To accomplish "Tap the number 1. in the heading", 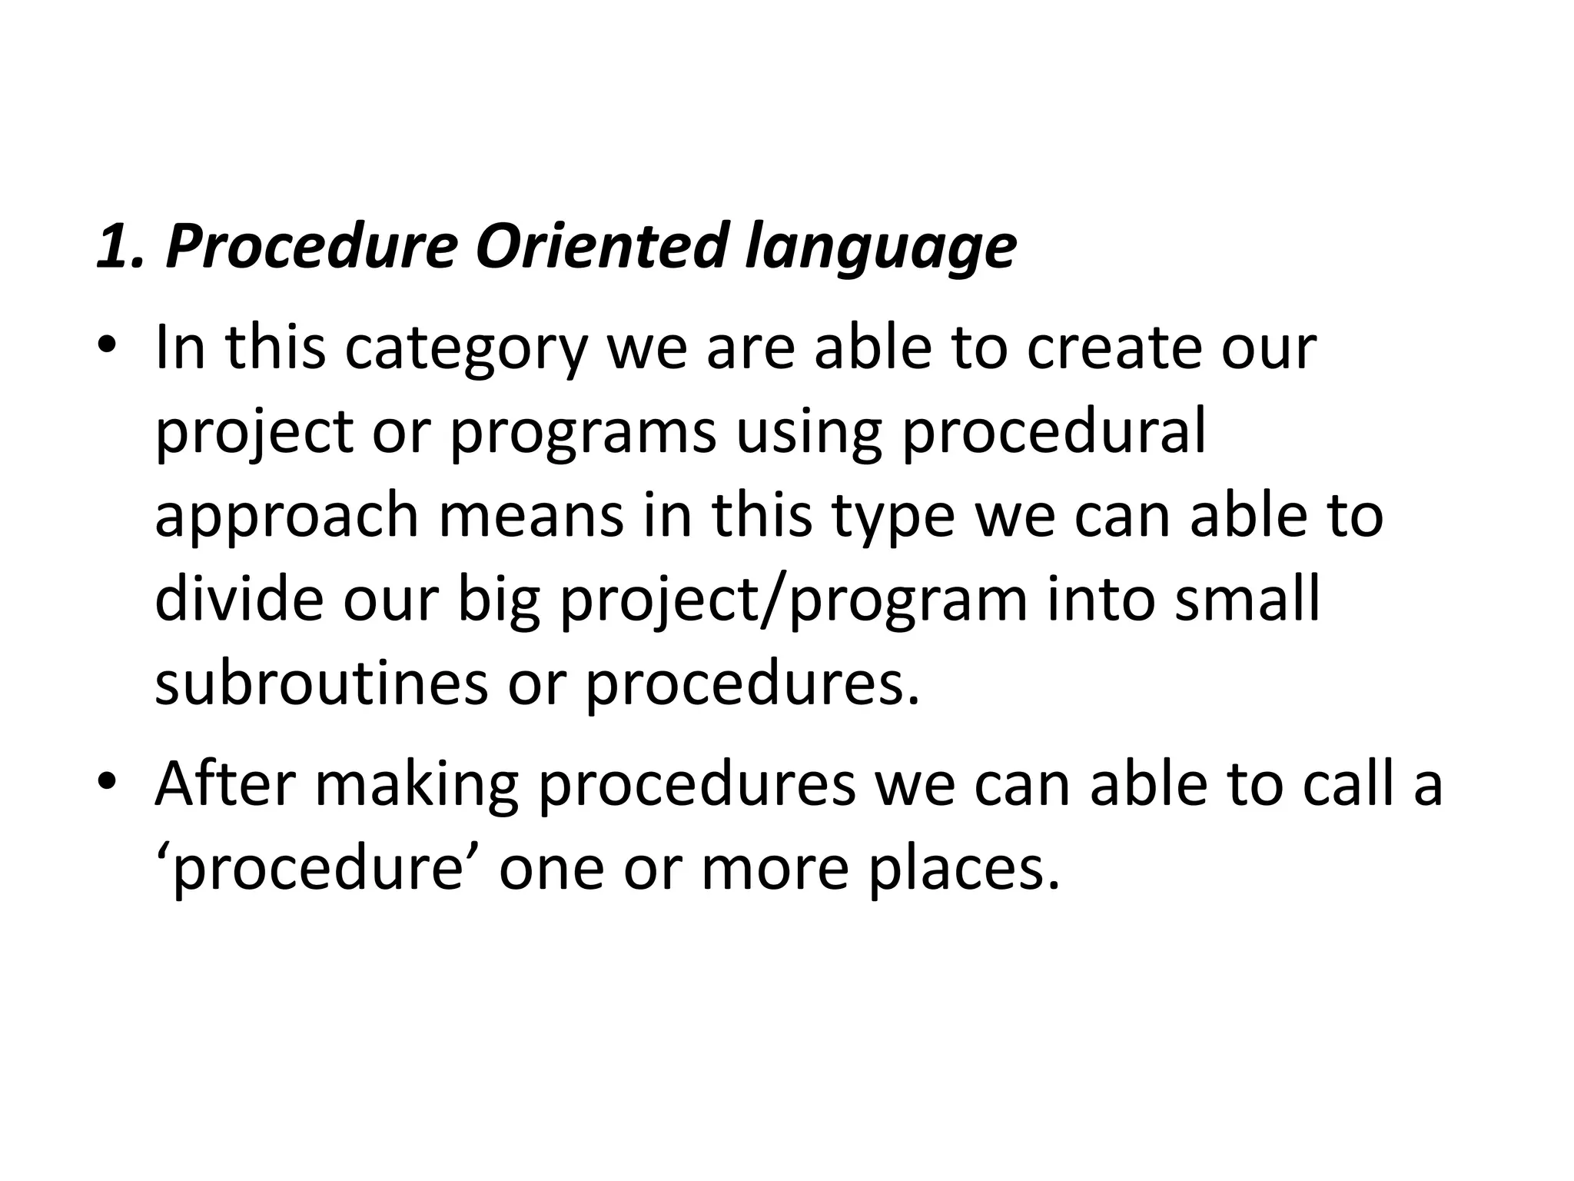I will pyautogui.click(x=121, y=246).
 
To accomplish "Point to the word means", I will pyautogui.click(x=531, y=517).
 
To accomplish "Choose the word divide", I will pyautogui.click(x=239, y=599).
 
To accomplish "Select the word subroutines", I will pyautogui.click(x=320, y=684).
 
